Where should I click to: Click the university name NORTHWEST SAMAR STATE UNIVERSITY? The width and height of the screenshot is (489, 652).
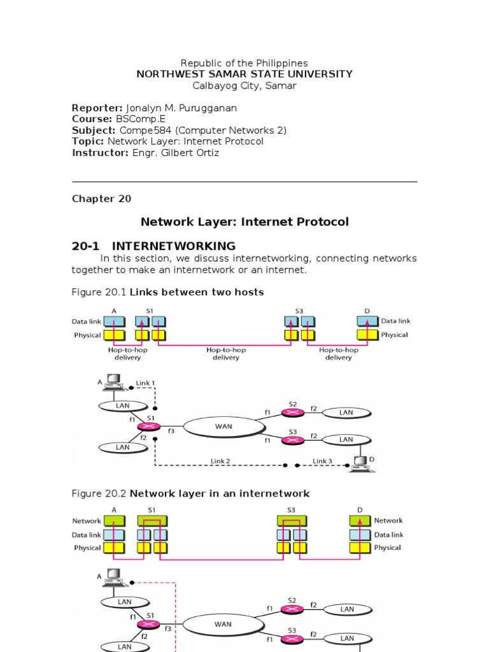244,74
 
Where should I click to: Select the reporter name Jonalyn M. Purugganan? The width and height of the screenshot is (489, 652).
181,108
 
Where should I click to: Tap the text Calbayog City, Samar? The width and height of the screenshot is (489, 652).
244,85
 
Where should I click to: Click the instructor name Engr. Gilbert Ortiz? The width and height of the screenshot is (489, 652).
175,153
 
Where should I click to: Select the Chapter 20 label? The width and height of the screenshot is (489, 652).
101,199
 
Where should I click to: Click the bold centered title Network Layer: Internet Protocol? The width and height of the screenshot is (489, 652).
244,222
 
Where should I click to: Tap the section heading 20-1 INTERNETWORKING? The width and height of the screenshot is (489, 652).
153,246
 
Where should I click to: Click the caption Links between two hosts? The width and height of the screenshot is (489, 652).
197,292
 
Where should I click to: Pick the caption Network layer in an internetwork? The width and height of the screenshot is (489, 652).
220,493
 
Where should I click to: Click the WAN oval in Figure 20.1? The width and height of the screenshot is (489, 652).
223,426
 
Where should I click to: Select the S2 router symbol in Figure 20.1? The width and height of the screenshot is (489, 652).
292,413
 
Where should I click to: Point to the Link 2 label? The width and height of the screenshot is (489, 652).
220,461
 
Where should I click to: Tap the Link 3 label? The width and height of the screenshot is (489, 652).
323,461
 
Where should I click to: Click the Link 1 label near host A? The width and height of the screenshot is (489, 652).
145,383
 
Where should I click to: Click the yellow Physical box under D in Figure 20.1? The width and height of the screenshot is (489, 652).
367,335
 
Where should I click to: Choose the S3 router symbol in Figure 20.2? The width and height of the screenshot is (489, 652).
292,638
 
